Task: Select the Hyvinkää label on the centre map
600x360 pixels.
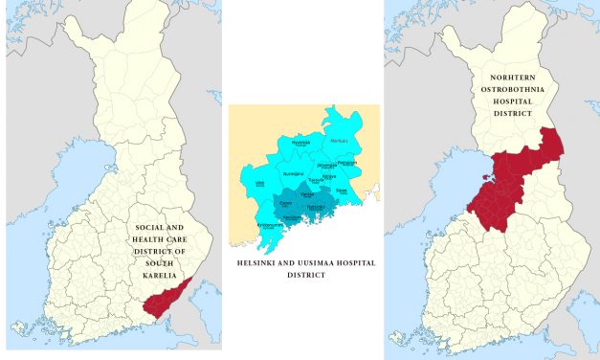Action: click(301, 142)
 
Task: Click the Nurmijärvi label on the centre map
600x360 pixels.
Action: click(293, 173)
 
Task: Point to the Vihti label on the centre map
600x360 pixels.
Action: click(259, 182)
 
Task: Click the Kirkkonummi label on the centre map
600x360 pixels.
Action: click(272, 225)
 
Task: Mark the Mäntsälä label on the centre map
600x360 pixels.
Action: click(339, 141)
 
